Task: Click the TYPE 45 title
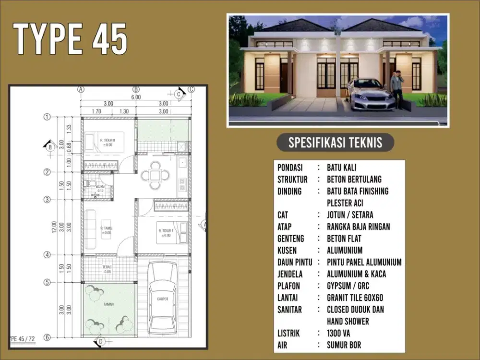[x=71, y=39]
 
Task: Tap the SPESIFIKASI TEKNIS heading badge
[x=336, y=143]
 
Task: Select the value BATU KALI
[x=342, y=168]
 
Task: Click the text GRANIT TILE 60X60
[x=355, y=298]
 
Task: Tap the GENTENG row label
[x=293, y=239]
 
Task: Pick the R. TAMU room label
[x=107, y=228]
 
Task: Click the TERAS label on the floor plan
[x=108, y=267]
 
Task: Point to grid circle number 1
[x=47, y=117]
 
